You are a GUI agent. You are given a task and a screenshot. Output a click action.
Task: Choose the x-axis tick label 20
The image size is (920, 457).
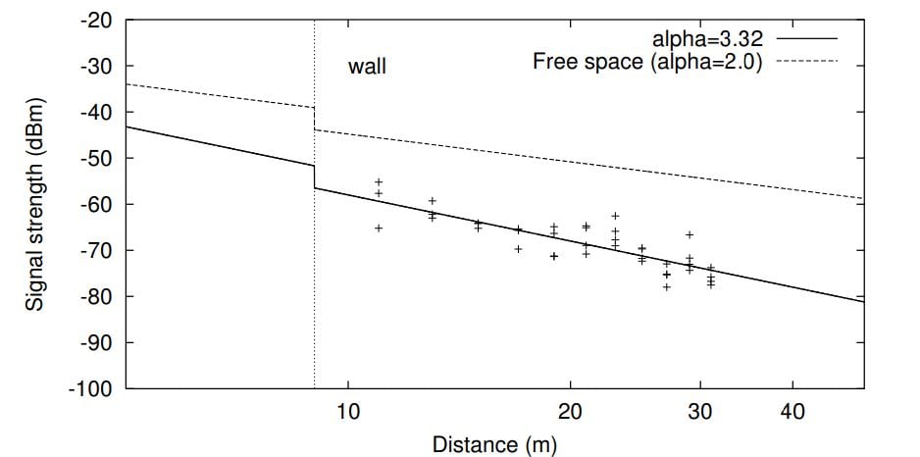pyautogui.click(x=570, y=412)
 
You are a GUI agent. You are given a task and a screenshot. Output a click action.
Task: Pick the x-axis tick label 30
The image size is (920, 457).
pyautogui.click(x=699, y=412)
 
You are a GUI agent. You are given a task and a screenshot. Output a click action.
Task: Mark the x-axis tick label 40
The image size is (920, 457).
pyautogui.click(x=792, y=412)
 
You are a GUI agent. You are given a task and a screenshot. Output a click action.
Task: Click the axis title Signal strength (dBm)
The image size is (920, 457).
pyautogui.click(x=35, y=204)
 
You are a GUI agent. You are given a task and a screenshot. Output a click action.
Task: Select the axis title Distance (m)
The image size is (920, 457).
pyautogui.click(x=494, y=444)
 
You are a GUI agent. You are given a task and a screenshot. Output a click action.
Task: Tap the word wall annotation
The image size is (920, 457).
pyautogui.click(x=368, y=68)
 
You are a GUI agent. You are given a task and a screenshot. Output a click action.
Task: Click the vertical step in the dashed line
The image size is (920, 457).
pyautogui.click(x=314, y=119)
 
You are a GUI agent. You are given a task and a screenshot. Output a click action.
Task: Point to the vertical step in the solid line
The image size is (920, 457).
pyautogui.click(x=314, y=177)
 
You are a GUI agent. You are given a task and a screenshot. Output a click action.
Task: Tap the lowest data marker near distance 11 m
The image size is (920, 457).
pyautogui.click(x=379, y=228)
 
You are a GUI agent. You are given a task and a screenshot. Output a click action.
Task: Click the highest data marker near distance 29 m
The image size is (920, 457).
pyautogui.click(x=690, y=234)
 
